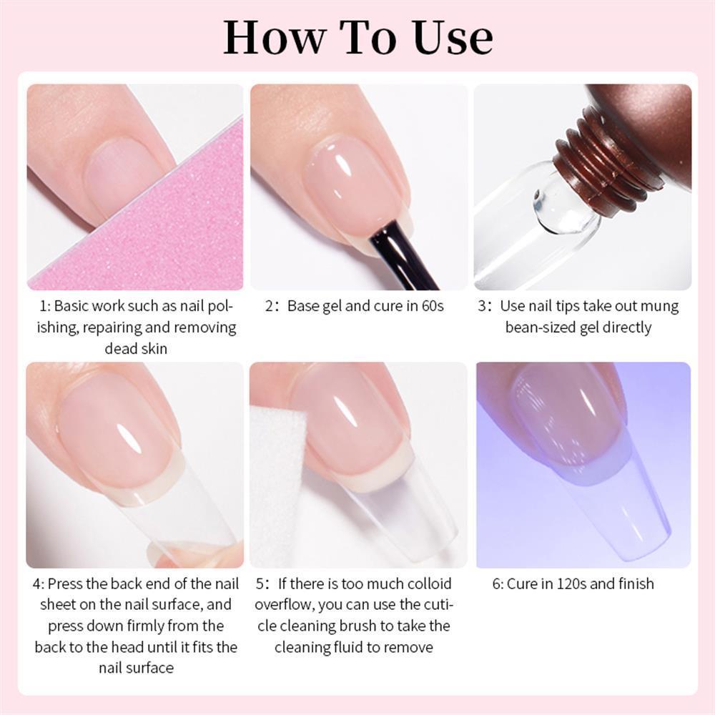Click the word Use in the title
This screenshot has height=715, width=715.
click(452, 39)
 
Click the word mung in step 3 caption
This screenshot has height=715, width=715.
click(661, 306)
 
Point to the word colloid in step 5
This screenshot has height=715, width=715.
click(427, 583)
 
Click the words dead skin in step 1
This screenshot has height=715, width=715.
click(135, 349)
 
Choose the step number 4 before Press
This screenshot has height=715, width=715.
click(36, 583)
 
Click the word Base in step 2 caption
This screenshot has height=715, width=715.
click(303, 306)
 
